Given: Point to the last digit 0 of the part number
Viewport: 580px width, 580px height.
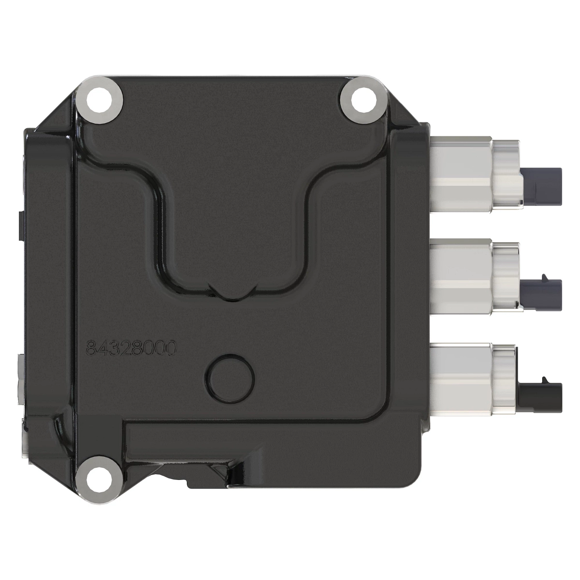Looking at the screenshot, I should (168, 348).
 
